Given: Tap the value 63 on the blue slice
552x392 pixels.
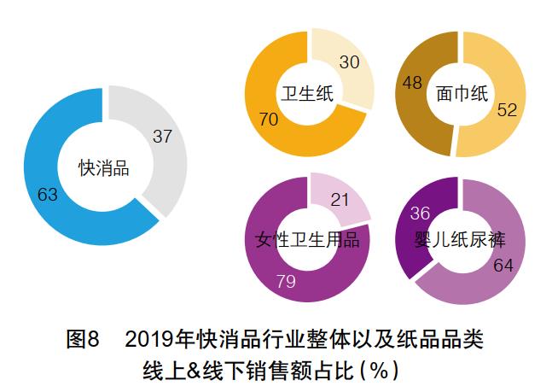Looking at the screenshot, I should click(48, 195).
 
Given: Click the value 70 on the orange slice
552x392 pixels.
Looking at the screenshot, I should click(268, 120).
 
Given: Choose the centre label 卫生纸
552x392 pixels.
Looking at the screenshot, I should click(305, 92).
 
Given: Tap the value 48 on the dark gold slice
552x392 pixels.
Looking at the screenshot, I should click(414, 84).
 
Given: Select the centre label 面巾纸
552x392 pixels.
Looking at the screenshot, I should click(462, 92).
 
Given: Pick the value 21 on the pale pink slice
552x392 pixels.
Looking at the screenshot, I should click(341, 201).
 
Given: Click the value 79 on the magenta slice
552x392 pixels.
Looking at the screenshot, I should click(286, 281).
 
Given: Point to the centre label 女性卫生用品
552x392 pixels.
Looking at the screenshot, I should click(307, 240).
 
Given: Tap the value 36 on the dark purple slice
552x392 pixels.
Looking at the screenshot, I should click(421, 214).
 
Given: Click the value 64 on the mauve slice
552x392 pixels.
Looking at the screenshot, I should click(503, 266).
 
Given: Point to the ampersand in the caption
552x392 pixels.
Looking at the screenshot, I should click(222, 372).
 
